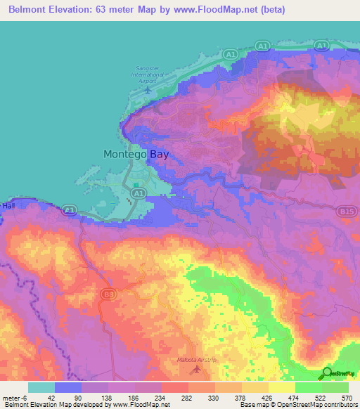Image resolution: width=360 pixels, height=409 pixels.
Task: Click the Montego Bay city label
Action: coord(136,154)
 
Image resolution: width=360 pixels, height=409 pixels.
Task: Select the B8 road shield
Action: coord(107,293)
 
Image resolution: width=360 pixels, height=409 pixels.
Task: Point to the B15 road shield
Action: coord(345,209)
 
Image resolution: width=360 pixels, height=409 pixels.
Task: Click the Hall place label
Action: coord(8,205)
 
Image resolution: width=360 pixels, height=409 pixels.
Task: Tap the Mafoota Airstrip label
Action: coord(196,360)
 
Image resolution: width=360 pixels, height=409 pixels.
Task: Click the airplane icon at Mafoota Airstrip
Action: coord(196,368)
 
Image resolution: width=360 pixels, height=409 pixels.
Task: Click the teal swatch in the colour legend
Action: coord(41,387)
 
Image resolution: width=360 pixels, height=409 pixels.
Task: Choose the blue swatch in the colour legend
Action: coord(68,387)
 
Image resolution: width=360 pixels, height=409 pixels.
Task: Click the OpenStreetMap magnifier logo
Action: coord(328,372)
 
